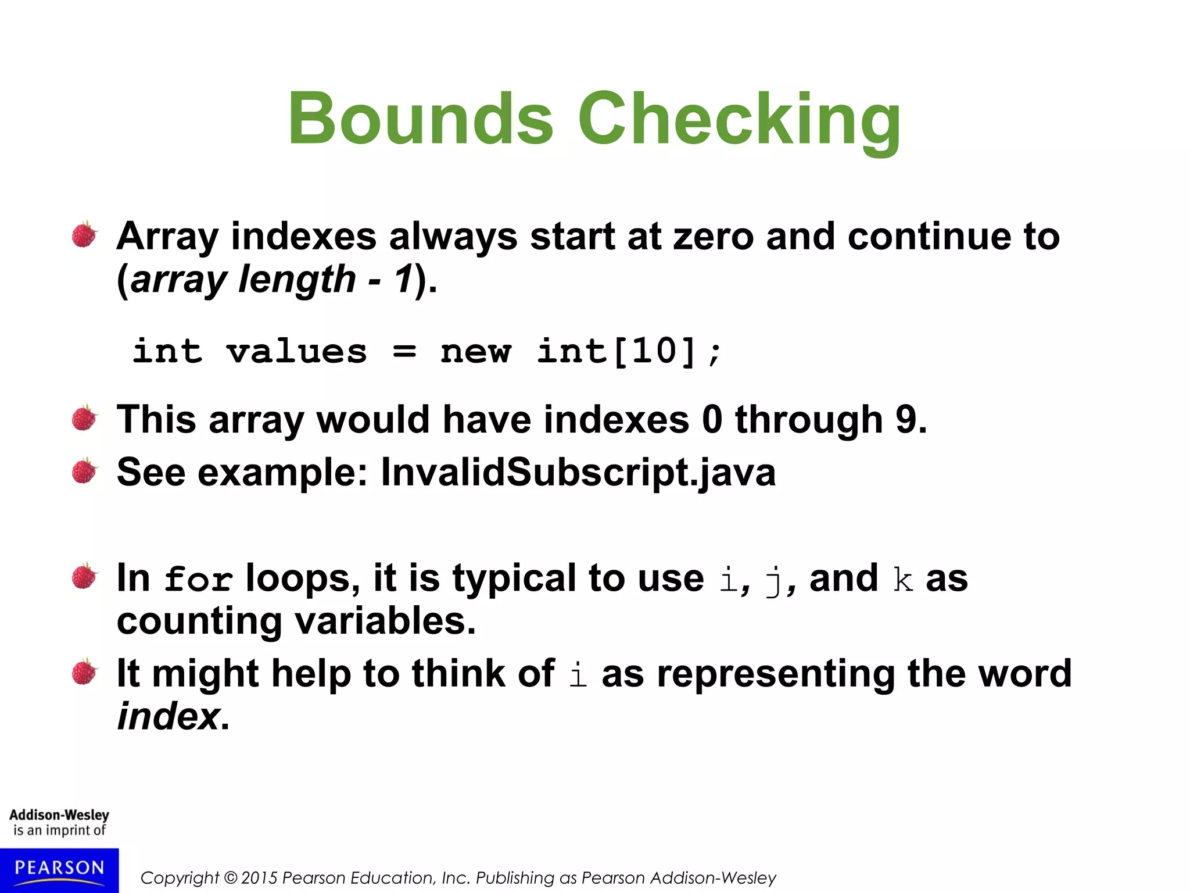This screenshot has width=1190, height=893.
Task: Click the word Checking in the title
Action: [x=739, y=120]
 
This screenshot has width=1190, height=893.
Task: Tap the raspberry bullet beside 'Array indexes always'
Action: [x=85, y=235]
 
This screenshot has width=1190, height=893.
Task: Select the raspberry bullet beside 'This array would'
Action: [x=85, y=419]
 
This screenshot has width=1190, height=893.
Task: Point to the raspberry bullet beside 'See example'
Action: [x=85, y=471]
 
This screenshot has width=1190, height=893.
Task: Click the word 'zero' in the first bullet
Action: [x=713, y=237]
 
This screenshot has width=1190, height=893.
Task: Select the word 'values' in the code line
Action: [x=296, y=352]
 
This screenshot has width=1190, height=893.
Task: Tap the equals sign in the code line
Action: [x=404, y=352]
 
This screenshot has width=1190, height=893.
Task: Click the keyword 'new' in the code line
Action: [x=476, y=352]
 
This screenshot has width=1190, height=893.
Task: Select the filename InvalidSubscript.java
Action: [x=578, y=471]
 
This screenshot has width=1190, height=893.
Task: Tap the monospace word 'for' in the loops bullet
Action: [x=198, y=580]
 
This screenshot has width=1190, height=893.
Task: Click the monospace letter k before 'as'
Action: [x=903, y=579]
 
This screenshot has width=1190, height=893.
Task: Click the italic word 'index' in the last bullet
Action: [x=168, y=716]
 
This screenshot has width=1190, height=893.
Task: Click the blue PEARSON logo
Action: [x=59, y=870]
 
